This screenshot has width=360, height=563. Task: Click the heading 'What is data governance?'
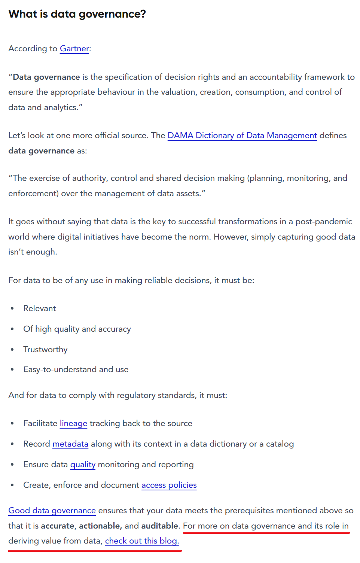point(77,14)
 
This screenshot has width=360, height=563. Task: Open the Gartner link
point(74,49)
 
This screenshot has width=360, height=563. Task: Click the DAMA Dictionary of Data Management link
point(242,136)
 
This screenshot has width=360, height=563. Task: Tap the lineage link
point(73,423)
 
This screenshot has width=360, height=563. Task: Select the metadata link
point(70,444)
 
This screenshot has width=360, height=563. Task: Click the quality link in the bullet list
point(83,465)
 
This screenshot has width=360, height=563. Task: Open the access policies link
point(169,485)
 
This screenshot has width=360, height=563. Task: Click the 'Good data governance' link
point(52,511)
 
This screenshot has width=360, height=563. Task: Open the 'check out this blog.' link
point(142,541)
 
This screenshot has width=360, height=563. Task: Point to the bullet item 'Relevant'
point(40,308)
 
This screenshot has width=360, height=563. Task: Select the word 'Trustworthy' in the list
point(45,350)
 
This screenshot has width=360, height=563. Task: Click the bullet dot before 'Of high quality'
point(12,329)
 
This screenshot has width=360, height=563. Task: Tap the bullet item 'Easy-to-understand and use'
point(76,369)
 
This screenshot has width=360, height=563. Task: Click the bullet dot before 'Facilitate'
point(12,423)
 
